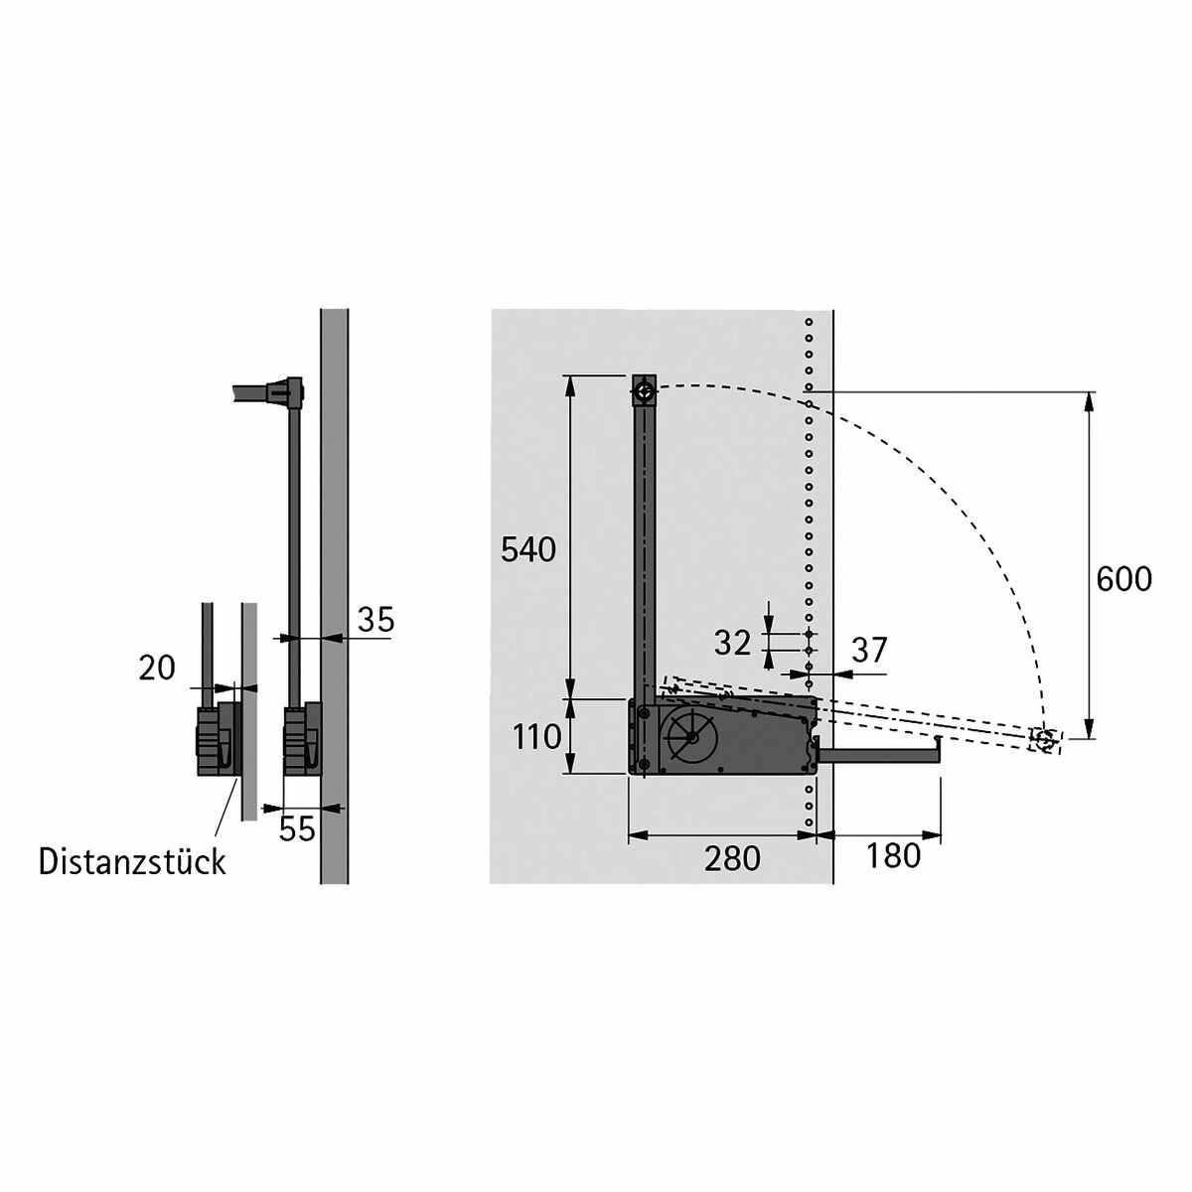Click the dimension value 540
(528, 549)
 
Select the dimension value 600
(1123, 579)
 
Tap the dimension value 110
(537, 737)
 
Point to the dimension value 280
(732, 858)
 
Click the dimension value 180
(893, 855)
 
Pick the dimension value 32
(733, 644)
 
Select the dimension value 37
(869, 651)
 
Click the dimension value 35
(375, 620)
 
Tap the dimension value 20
(157, 669)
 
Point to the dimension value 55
(296, 828)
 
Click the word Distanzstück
(132, 861)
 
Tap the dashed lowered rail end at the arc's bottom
(1045, 740)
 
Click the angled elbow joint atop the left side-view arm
(290, 390)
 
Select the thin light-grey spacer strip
(249, 710)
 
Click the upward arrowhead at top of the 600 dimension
(1091, 400)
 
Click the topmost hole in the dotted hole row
(810, 323)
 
